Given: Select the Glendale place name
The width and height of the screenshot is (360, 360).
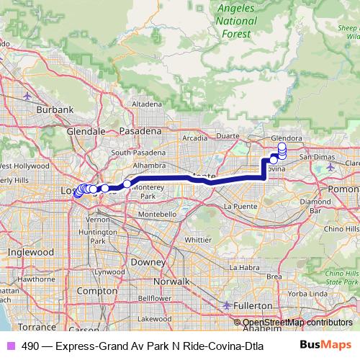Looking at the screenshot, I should point(86,132).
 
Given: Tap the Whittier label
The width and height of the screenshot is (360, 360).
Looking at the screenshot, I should point(198,239).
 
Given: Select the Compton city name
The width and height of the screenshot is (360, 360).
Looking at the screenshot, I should point(112,290).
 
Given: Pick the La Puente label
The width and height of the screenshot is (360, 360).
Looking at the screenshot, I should point(239,206).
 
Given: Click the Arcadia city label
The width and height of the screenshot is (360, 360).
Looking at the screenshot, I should point(194,138).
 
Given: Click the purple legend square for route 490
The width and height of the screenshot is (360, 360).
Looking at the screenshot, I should point(9,345).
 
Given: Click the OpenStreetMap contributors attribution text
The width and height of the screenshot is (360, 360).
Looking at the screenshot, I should point(297,323).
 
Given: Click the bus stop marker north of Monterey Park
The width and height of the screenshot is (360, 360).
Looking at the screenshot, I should point(127,184).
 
